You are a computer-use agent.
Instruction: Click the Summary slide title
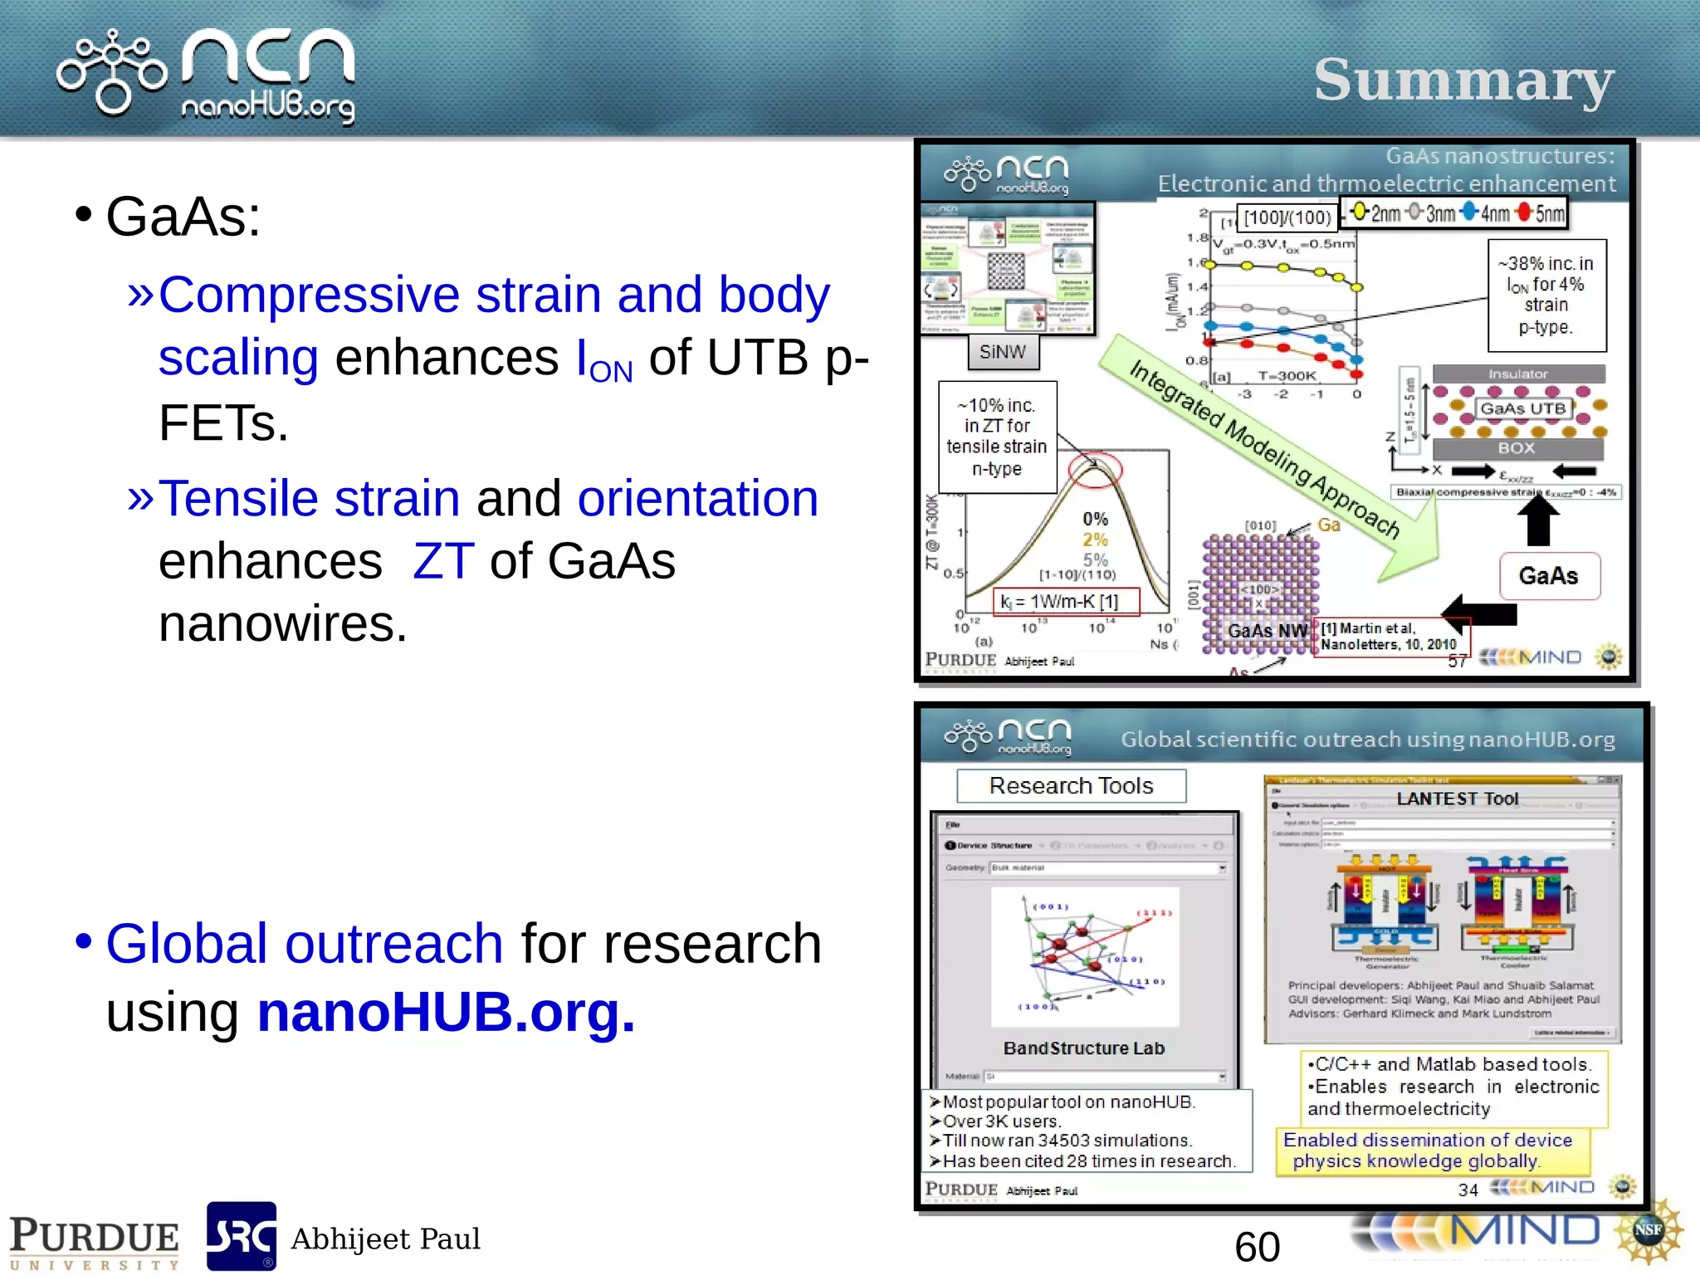click(1463, 81)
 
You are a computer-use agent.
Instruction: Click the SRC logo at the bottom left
click(241, 1236)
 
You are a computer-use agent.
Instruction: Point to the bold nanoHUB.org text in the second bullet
click(446, 1012)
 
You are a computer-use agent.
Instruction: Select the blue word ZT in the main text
click(443, 561)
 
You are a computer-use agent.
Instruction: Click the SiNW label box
click(1003, 352)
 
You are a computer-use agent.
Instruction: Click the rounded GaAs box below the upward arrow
click(1549, 575)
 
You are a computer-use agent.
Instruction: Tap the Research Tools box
click(1071, 785)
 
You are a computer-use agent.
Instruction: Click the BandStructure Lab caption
click(1083, 1048)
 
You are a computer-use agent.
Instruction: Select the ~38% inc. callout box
click(1546, 296)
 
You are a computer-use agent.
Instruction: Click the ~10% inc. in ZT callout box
click(997, 437)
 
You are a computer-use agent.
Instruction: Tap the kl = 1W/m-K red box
click(1066, 601)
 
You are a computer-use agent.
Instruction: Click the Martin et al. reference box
click(1390, 636)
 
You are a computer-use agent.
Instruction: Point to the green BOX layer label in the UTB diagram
click(1517, 448)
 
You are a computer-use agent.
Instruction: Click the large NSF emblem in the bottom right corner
click(1648, 1230)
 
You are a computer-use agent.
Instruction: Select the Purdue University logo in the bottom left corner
click(93, 1241)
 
